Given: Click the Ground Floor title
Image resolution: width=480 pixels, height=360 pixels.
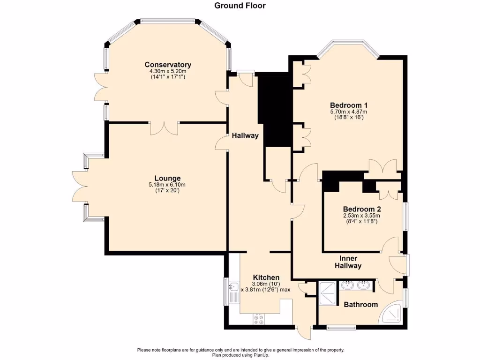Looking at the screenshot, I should click(240, 6).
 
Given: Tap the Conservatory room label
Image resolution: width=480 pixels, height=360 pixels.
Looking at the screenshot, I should click(168, 65).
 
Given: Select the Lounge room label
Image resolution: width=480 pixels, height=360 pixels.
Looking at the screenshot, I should click(168, 178).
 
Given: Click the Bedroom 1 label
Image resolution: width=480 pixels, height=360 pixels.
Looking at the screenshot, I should click(348, 105).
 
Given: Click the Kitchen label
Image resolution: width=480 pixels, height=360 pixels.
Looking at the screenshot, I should click(266, 277).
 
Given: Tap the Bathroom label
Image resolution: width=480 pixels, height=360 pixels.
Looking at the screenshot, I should click(360, 304).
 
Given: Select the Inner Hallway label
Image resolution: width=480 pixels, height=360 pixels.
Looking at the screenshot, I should click(348, 262).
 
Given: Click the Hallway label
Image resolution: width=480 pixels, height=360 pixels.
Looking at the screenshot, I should click(245, 135).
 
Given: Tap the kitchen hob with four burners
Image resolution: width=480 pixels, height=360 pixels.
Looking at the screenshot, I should click(258, 319).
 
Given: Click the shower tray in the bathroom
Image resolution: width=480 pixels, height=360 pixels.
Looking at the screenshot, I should click(327, 293).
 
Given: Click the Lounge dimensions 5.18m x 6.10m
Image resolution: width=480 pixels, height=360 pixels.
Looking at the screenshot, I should click(168, 185).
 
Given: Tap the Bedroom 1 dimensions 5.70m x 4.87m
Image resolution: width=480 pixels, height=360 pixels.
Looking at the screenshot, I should click(348, 112).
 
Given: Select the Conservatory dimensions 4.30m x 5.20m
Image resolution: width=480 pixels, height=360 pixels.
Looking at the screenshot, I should click(168, 71).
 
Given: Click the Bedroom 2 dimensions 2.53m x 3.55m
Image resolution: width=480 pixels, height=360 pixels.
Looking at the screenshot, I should click(361, 216).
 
